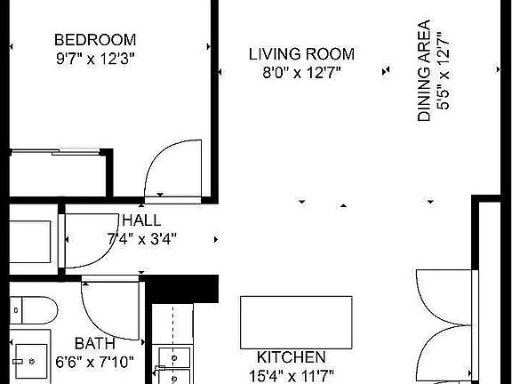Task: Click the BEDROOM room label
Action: (95, 39)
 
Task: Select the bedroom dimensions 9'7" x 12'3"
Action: (95, 58)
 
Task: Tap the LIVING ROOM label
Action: (301, 53)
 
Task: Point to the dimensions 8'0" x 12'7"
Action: (301, 72)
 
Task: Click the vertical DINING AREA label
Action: (424, 71)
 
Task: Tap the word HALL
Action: (141, 220)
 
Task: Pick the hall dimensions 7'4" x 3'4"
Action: (141, 238)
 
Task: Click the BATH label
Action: (93, 343)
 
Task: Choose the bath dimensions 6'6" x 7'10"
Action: (93, 362)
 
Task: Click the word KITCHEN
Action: (284, 357)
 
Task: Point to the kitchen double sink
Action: (172, 360)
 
